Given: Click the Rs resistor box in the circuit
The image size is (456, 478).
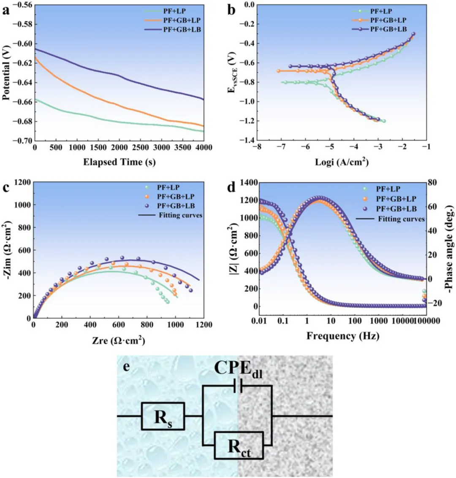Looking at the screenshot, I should coord(163,416).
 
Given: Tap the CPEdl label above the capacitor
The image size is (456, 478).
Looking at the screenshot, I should coord(239,368).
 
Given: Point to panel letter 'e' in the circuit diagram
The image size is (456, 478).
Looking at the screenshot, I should coord(126,366).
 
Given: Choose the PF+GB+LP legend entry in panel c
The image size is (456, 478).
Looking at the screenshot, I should coord(175,197).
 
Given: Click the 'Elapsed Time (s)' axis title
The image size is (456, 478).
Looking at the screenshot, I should coord(119,162).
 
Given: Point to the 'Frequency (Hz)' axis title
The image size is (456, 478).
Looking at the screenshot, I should coord(342,336).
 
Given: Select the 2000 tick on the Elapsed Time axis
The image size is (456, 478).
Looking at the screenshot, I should coord(119,148).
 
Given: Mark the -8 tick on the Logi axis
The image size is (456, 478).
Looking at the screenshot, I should coord(257,147).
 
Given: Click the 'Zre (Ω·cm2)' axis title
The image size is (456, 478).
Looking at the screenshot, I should coord(118,340).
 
